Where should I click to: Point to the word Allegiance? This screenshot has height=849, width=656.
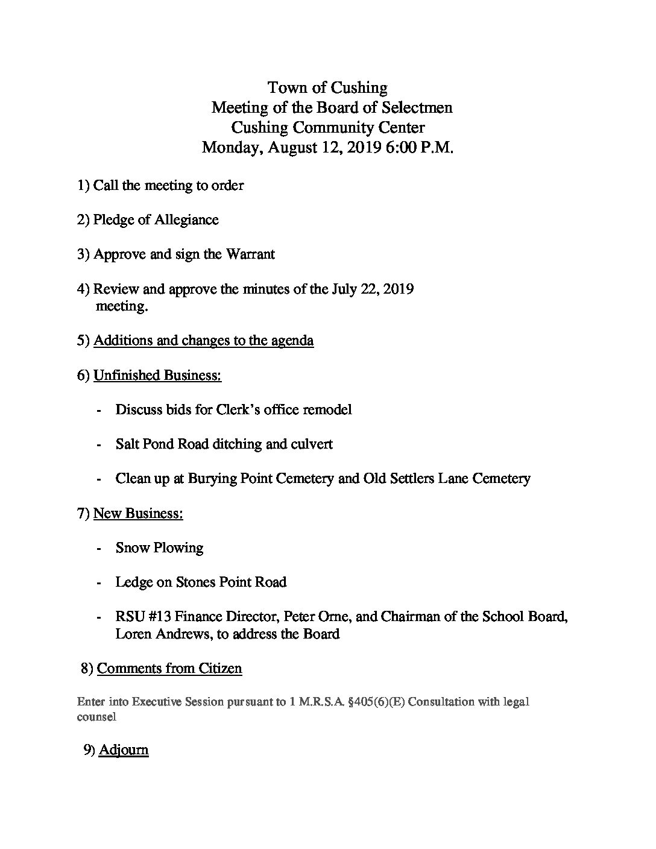click(x=186, y=219)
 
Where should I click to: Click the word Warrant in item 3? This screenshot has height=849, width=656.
click(x=250, y=254)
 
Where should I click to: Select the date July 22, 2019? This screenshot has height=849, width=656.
click(x=373, y=289)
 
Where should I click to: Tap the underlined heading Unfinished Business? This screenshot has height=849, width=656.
click(x=157, y=375)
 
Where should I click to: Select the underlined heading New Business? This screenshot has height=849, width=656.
click(x=138, y=513)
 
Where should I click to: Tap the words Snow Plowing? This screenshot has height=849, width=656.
click(x=159, y=548)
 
